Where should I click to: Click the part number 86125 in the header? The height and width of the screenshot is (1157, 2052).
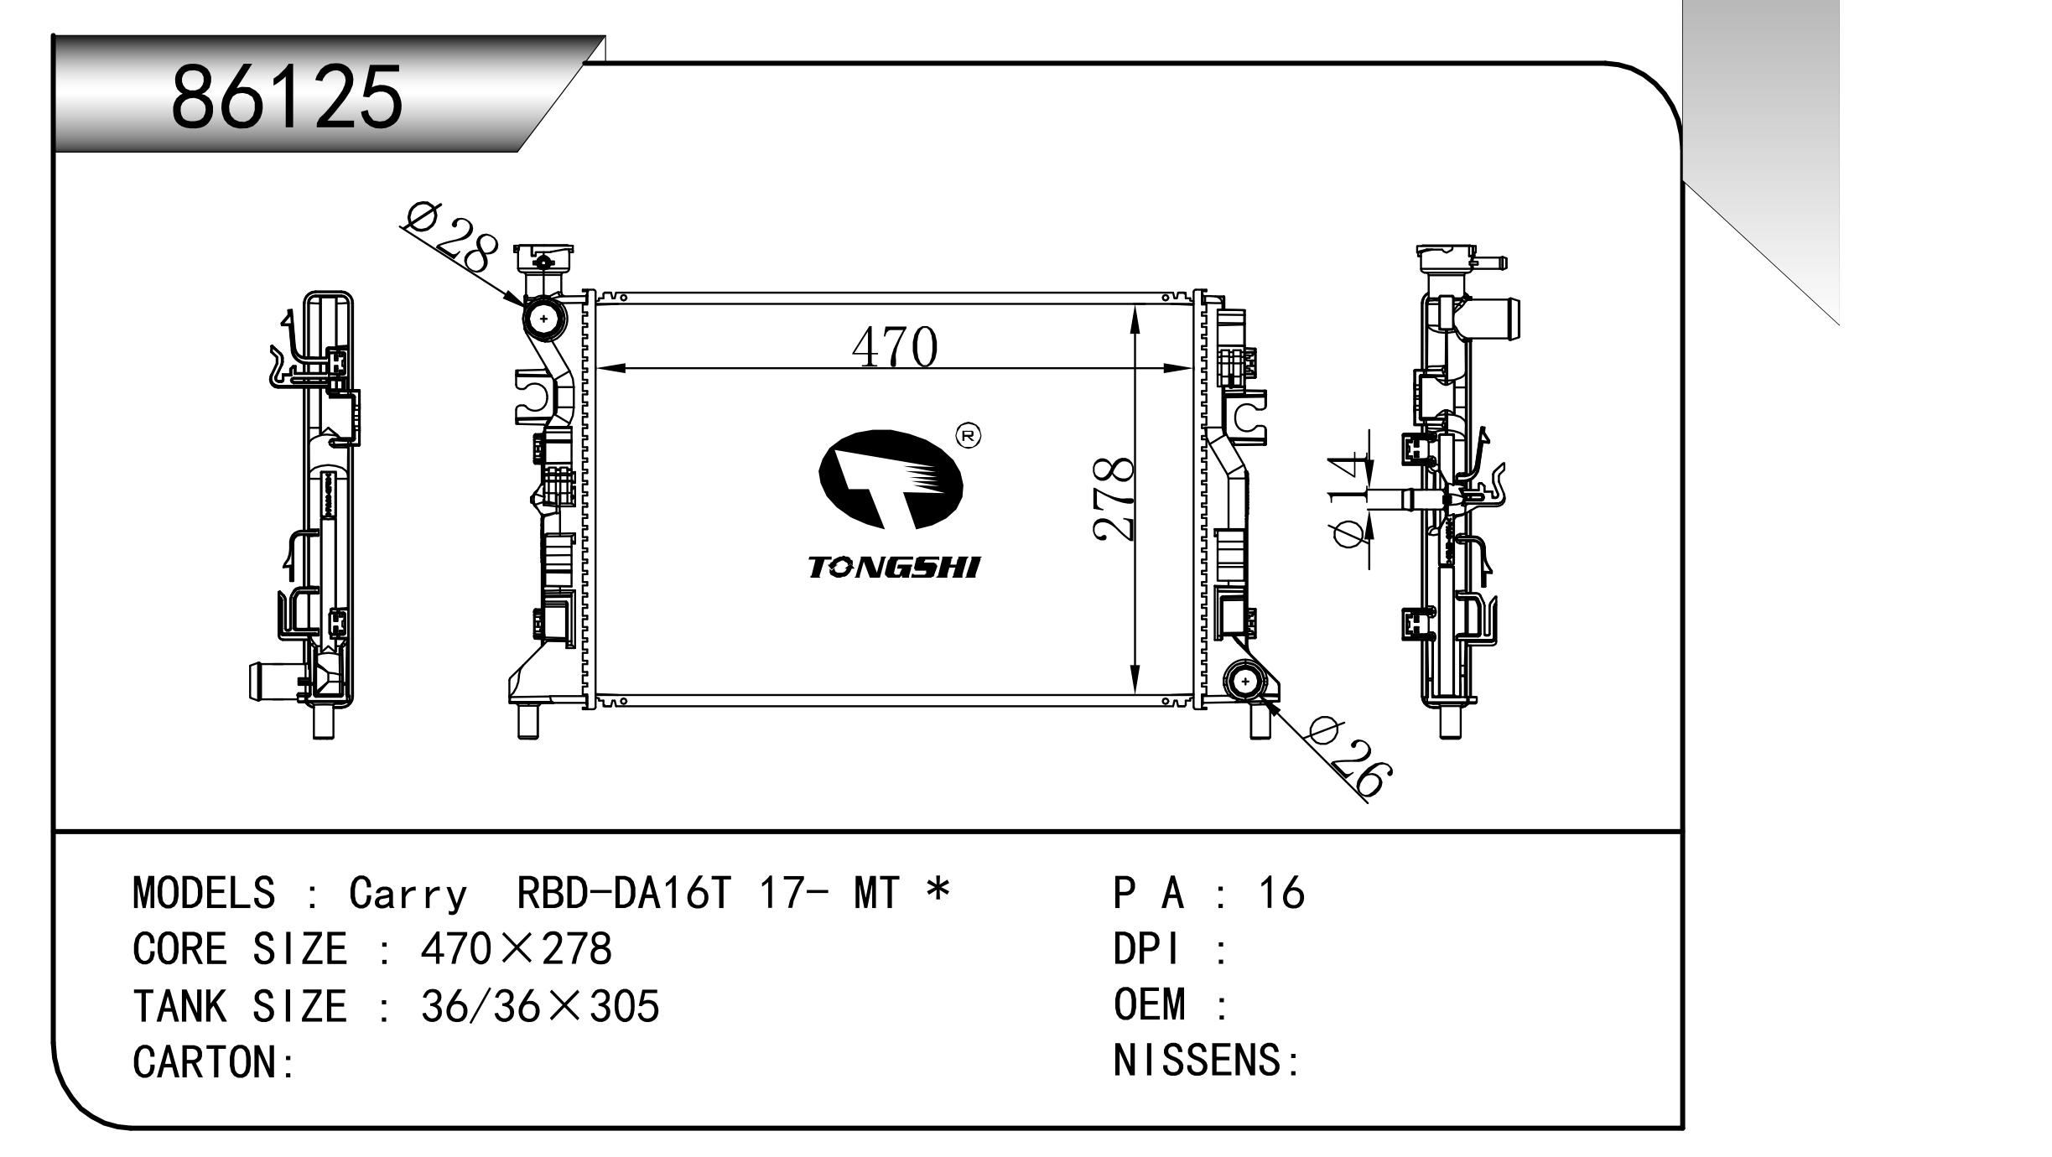tap(287, 97)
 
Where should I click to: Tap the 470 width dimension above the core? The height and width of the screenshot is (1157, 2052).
tap(894, 347)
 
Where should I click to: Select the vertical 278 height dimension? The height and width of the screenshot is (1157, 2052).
tap(1114, 499)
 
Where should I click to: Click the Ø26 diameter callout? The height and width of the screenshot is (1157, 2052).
tap(1349, 758)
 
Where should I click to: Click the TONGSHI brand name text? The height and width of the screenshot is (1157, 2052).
tap(894, 568)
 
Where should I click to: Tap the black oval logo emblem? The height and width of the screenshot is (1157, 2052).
tap(891, 479)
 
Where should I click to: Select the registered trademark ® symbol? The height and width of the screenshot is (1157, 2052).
tap(969, 435)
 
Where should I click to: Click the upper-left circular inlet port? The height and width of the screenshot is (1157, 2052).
tap(544, 319)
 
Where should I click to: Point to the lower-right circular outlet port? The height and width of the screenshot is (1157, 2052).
tap(1245, 682)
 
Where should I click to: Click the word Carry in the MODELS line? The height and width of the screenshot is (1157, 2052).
tap(407, 893)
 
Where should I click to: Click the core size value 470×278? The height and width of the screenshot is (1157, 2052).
tap(516, 949)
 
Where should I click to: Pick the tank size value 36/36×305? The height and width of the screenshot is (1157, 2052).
tap(539, 1005)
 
